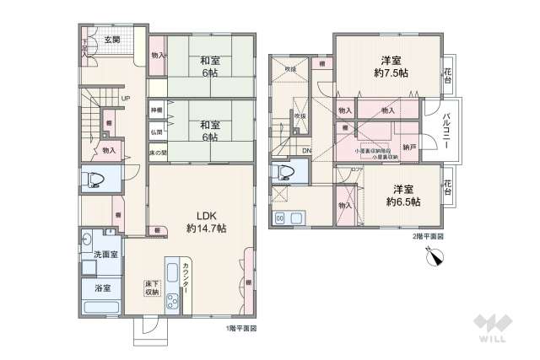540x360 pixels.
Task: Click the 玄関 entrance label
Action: coord(111,40)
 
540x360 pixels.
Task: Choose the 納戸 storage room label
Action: coord(409,147)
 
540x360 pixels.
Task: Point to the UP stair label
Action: coord(125,99)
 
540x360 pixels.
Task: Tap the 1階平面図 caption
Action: coord(241,328)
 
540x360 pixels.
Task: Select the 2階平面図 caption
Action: coord(428,237)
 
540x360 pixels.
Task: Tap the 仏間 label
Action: coord(156,132)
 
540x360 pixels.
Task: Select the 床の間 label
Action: coord(157,152)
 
